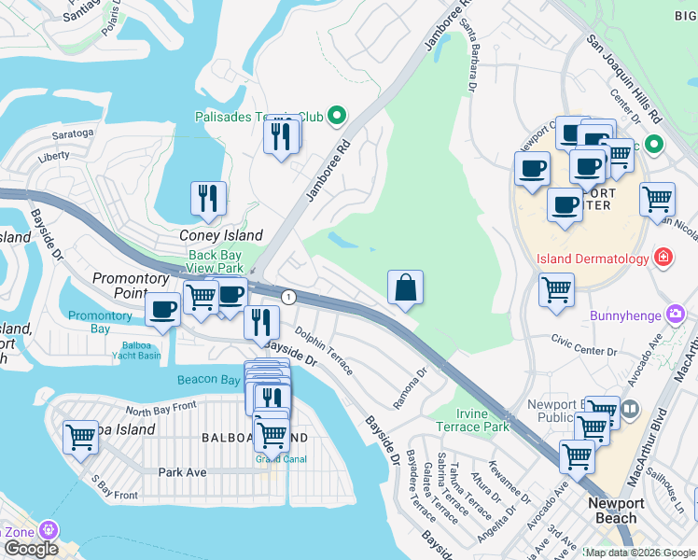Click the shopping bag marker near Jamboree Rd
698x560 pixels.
(x=406, y=287)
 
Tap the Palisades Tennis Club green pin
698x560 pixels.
(x=338, y=117)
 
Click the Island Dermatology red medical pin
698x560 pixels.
(x=663, y=258)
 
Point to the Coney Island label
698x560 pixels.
(x=221, y=235)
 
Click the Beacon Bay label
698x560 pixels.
(x=208, y=380)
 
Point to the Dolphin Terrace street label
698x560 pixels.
(x=324, y=350)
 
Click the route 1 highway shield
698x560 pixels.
(x=289, y=297)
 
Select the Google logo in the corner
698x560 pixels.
(x=31, y=549)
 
